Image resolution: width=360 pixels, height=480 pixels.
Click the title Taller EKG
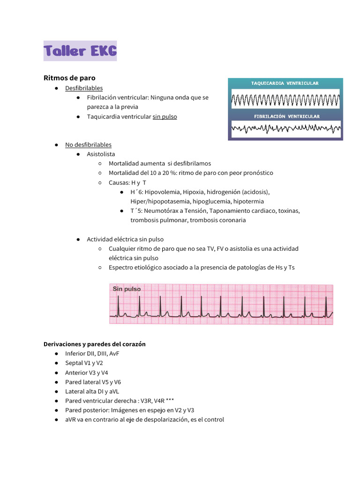pyautogui.click(x=80, y=51)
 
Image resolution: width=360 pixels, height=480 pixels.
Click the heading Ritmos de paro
pyautogui.click(x=69, y=77)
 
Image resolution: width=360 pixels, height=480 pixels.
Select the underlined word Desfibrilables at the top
pyautogui.click(x=84, y=88)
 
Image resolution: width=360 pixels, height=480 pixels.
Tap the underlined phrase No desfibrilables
pyautogui.click(x=88, y=144)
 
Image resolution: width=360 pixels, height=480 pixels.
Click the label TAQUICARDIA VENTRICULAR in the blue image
pyautogui.click(x=285, y=83)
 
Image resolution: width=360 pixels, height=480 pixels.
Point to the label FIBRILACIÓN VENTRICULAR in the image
pyautogui.click(x=286, y=116)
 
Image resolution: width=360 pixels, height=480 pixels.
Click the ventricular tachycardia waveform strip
pyautogui.click(x=285, y=100)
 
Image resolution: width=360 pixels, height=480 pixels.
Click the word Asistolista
pyautogui.click(x=101, y=154)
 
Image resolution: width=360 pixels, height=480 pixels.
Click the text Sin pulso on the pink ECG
pyautogui.click(x=127, y=289)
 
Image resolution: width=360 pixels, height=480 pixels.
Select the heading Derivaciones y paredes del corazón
pyautogui.click(x=94, y=344)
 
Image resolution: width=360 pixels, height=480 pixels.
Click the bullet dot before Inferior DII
pyautogui.click(x=56, y=353)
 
